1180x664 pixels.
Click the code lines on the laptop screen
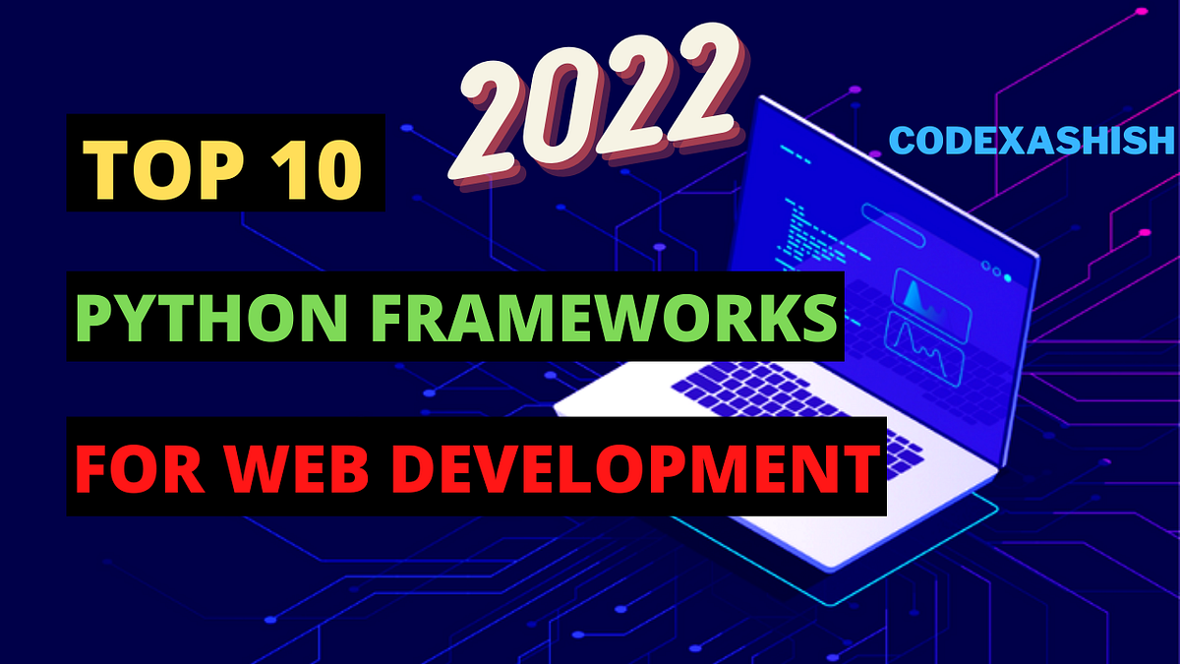pos(811,236)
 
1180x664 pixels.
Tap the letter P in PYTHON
pos(91,317)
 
